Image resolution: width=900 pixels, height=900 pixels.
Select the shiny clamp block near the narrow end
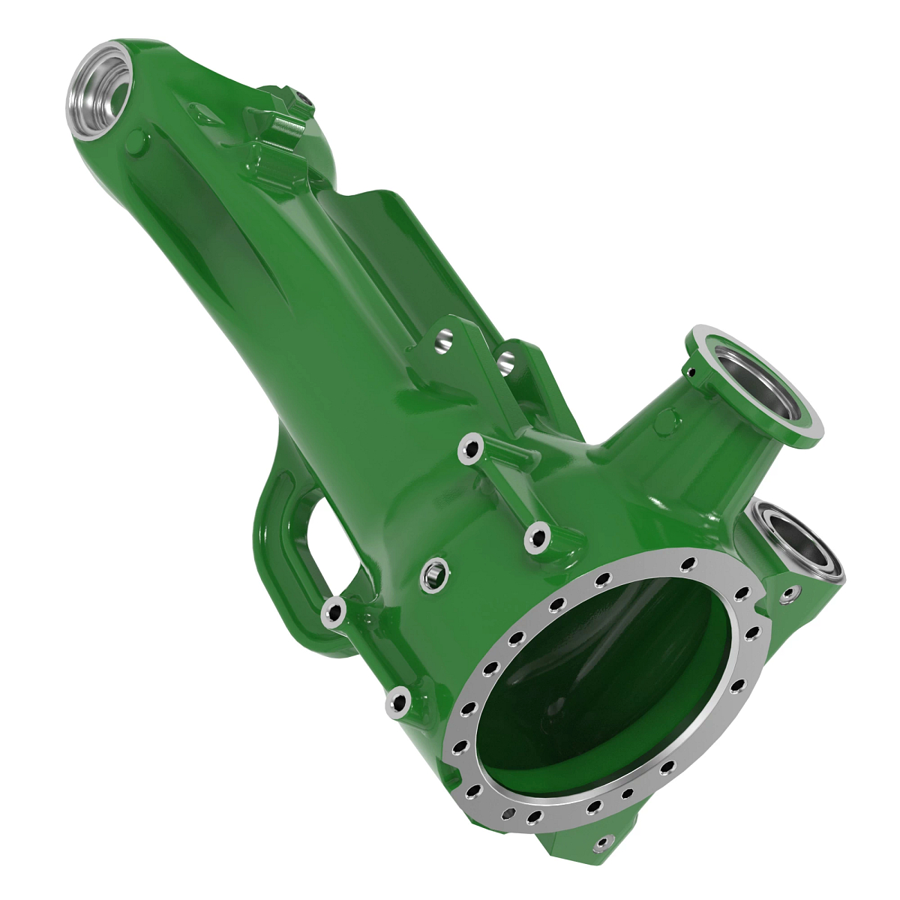[283, 132]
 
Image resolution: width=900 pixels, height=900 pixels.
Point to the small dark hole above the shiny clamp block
[301, 99]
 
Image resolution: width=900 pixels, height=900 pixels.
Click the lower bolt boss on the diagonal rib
[538, 535]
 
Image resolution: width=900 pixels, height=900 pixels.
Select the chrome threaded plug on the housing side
[433, 574]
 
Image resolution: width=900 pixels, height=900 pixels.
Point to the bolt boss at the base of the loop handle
[333, 612]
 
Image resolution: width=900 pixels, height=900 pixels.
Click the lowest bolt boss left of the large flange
[398, 703]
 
